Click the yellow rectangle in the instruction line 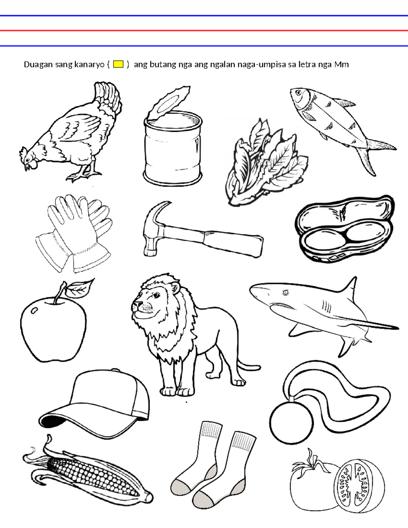pos(118,64)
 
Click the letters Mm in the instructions pos(341,65)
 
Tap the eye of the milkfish pos(299,92)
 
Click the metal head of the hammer pos(154,228)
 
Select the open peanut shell pos(344,229)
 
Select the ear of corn pos(87,471)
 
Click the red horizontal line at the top pos(204,31)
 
